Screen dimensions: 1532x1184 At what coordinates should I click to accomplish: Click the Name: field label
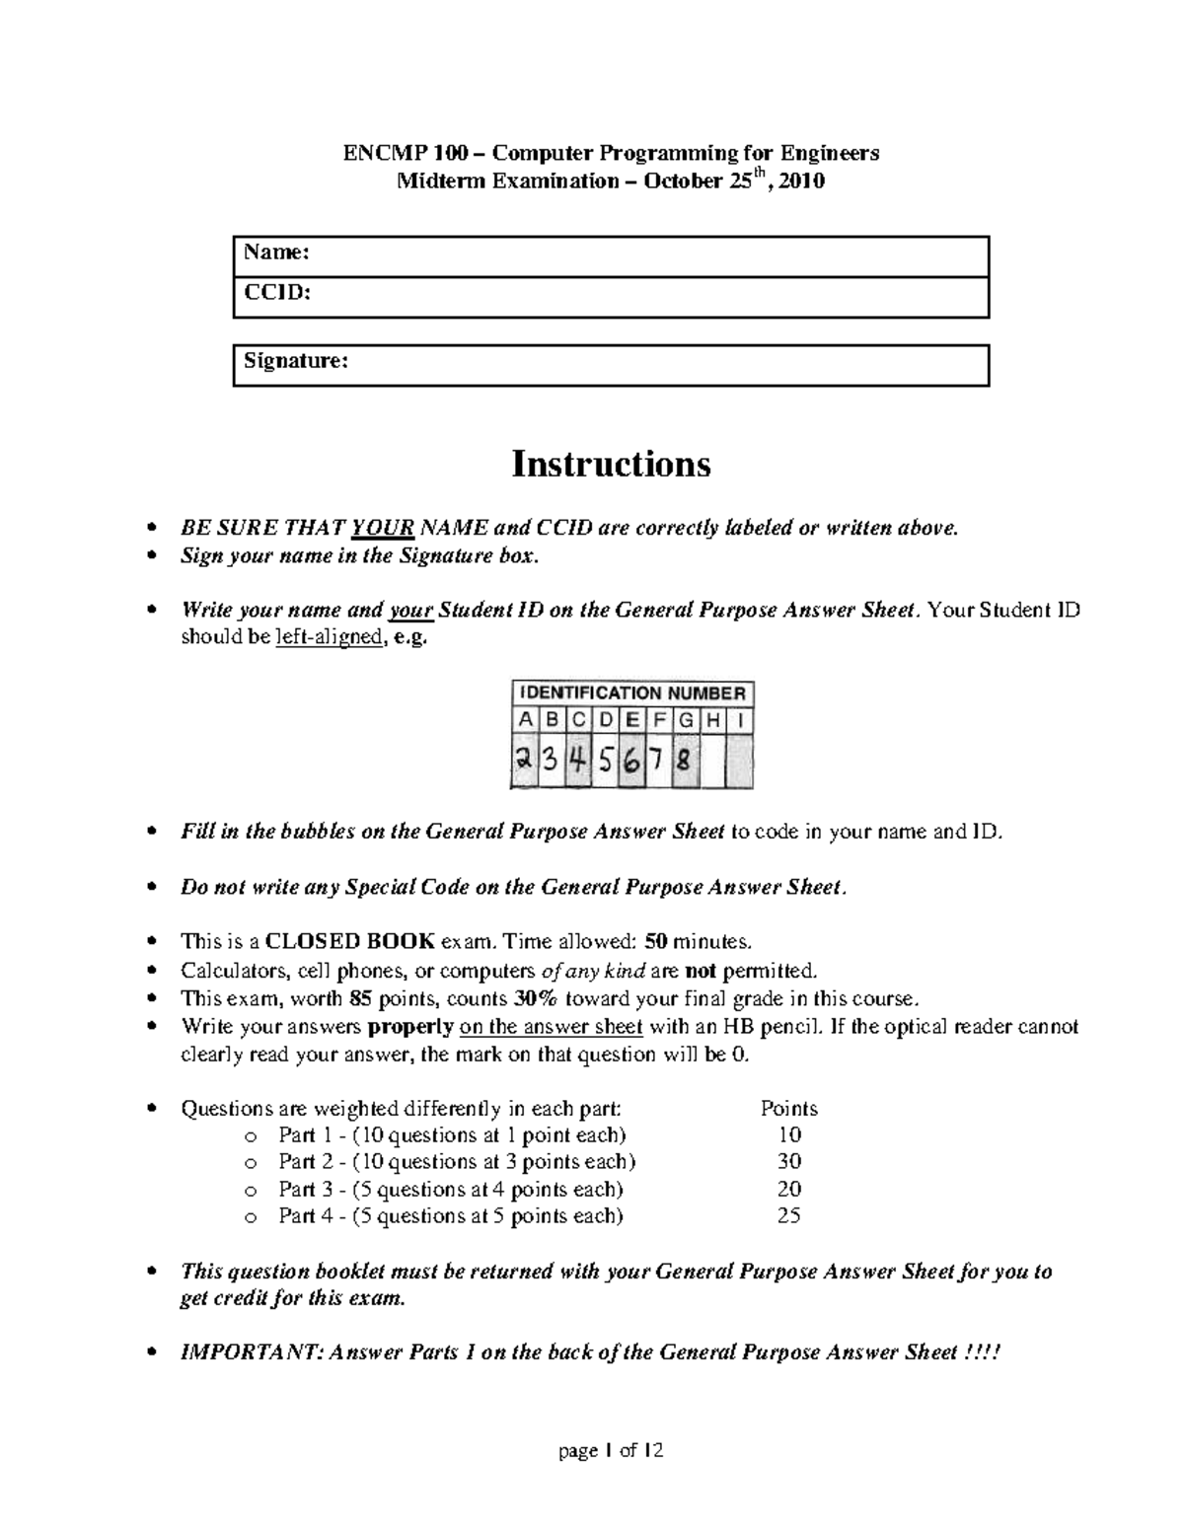(x=277, y=253)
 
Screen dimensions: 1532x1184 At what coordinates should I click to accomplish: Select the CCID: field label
(x=277, y=293)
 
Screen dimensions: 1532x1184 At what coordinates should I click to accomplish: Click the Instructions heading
(x=611, y=464)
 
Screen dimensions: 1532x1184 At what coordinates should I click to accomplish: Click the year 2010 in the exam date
(x=801, y=182)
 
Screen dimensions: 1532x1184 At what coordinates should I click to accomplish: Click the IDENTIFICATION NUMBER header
(x=632, y=693)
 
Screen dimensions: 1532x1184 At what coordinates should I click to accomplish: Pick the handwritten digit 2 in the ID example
(x=523, y=761)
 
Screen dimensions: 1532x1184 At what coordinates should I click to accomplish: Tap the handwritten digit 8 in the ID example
(x=684, y=761)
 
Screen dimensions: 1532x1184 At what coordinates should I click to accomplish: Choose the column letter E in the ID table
(x=631, y=720)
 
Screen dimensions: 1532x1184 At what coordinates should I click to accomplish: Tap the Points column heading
(x=788, y=1108)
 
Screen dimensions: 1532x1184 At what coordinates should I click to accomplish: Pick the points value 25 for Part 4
(x=788, y=1215)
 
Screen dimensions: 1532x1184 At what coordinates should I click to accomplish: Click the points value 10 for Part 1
(x=789, y=1134)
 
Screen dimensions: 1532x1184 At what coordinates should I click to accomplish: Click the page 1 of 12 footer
(x=611, y=1450)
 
